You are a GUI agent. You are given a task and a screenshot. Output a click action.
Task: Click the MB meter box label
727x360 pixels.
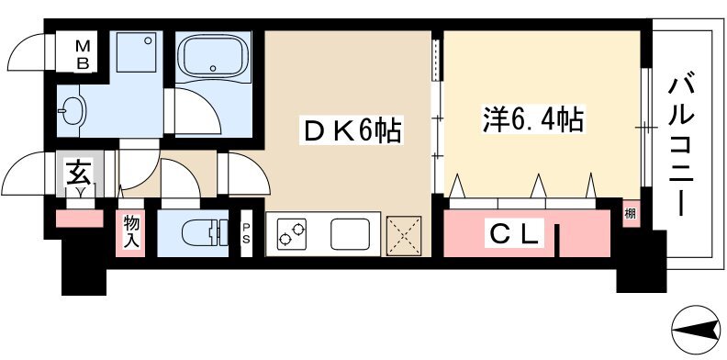tap(83, 54)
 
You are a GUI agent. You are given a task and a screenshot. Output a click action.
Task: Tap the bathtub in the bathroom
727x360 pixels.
tap(213, 57)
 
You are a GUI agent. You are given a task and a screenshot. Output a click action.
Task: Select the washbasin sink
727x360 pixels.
tap(73, 111)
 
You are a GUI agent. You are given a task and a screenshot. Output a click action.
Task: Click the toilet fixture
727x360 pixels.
tap(205, 233)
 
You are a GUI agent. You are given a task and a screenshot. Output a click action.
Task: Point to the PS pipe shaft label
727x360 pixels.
tap(246, 233)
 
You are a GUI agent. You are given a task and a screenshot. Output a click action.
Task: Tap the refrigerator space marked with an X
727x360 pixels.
tap(404, 236)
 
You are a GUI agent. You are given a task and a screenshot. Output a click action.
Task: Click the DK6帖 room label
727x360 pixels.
tap(350, 131)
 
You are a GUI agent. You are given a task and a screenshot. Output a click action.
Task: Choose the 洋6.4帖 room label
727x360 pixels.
tap(532, 118)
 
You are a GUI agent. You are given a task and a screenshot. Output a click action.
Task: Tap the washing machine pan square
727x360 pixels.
tap(136, 51)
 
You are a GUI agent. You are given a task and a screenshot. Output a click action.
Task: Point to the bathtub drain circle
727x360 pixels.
tap(213, 68)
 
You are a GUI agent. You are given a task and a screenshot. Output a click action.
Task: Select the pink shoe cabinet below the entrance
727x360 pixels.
tap(79, 219)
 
